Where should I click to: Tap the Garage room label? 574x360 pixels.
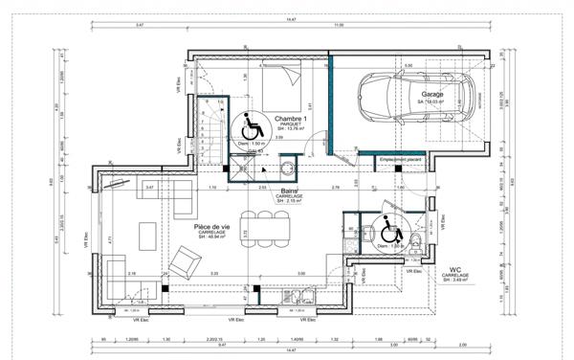pos(434,95)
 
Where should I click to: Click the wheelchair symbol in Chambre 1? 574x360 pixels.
pos(253,124)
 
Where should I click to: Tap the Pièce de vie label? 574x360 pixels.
pos(210,226)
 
